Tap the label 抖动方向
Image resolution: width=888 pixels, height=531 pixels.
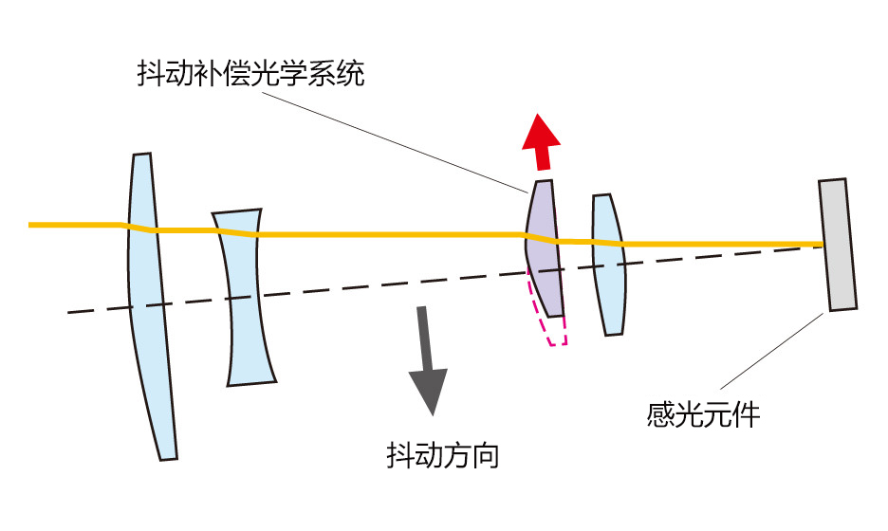pyautogui.click(x=443, y=456)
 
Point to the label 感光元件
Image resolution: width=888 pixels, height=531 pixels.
pyautogui.click(x=703, y=414)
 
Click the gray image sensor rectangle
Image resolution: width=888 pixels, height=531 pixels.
pyautogui.click(x=838, y=245)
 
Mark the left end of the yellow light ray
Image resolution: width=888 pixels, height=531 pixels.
pyautogui.click(x=32, y=225)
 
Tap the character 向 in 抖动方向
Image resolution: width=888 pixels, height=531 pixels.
pyautogui.click(x=485, y=456)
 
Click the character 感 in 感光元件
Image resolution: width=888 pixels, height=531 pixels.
pyautogui.click(x=660, y=414)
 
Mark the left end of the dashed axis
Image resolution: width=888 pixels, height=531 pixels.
pyautogui.click(x=69, y=312)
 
